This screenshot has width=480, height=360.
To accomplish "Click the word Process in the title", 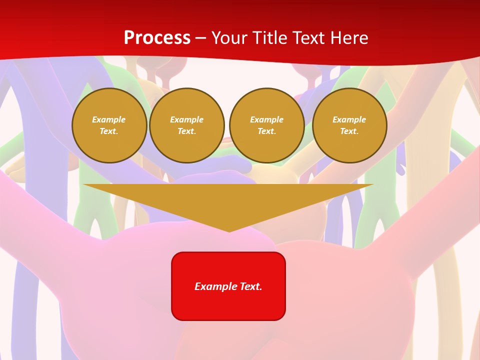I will click(x=157, y=38).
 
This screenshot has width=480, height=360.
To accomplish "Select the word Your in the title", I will click(x=229, y=38).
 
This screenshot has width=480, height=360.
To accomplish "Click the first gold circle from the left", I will click(x=109, y=125).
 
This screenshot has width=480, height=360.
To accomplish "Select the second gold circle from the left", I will click(x=187, y=125).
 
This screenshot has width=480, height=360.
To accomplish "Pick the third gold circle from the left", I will click(x=266, y=125).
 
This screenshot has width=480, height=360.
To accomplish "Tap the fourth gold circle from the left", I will click(x=349, y=125).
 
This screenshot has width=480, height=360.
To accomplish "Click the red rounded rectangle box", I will click(x=228, y=286).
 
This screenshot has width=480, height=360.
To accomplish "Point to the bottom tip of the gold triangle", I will click(x=229, y=231).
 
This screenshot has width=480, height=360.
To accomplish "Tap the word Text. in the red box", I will click(x=251, y=286).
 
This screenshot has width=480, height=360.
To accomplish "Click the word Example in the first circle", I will click(x=109, y=119).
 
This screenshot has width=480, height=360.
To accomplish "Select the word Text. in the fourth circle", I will click(x=349, y=131).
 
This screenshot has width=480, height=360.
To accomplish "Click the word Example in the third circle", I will click(x=266, y=119).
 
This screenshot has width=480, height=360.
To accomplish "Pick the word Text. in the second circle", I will click(x=187, y=131).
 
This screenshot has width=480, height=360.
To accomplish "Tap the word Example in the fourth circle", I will click(x=349, y=119).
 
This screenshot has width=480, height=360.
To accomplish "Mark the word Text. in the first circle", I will click(x=109, y=131).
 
